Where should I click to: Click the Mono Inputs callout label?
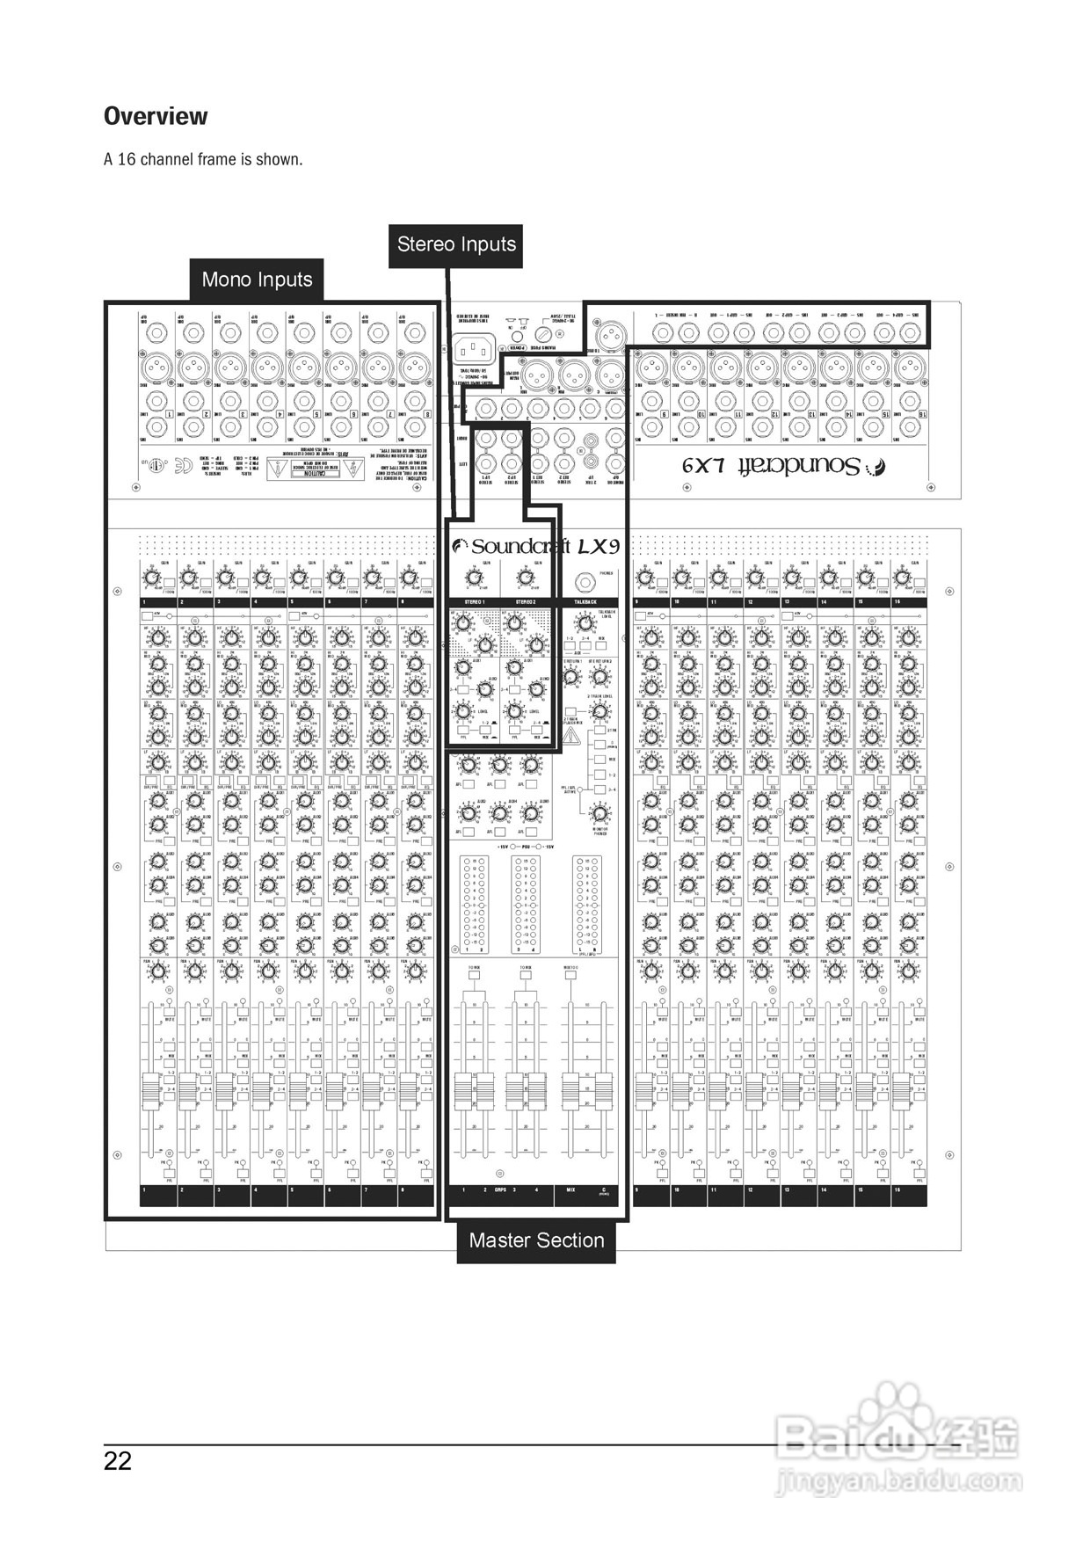coord(257,280)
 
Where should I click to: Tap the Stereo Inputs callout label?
coord(456,244)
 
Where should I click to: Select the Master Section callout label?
coord(536,1240)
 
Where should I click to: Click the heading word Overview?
coord(156,116)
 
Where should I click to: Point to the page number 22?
coord(118,1460)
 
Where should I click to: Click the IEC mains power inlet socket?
coord(476,349)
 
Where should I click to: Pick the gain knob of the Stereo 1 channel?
coord(474,578)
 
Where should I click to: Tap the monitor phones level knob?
coord(599,812)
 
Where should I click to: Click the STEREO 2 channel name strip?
coord(525,602)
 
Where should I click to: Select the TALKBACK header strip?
coord(585,602)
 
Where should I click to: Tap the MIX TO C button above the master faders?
coord(570,974)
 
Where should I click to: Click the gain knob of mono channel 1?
coord(152,578)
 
